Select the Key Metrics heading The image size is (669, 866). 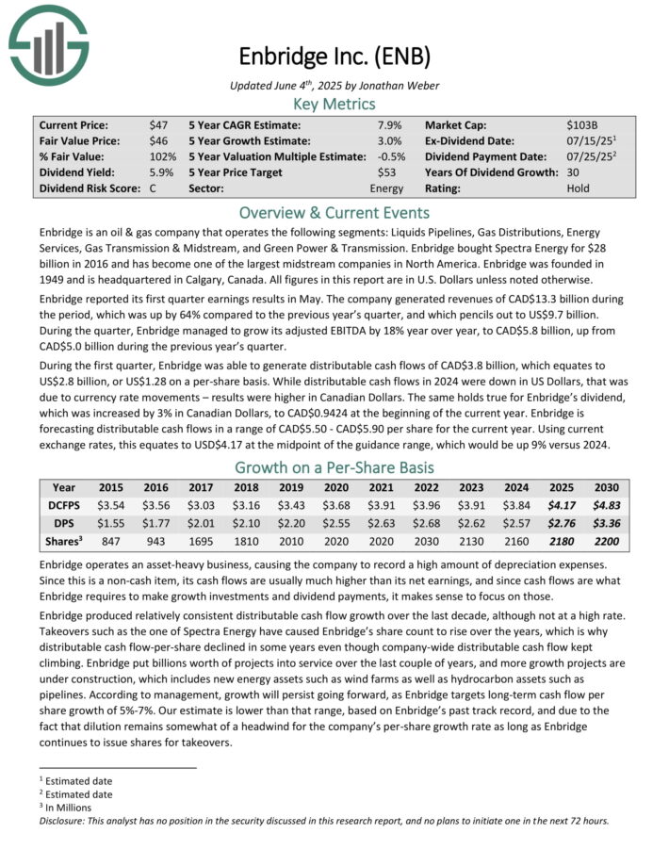point(334,103)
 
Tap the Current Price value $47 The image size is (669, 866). point(157,124)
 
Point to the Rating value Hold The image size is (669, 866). point(579,188)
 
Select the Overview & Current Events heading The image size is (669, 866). point(334,212)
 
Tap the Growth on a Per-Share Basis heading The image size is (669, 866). point(334,468)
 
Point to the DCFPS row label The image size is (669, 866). point(64,505)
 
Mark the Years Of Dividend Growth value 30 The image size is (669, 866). point(574,172)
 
